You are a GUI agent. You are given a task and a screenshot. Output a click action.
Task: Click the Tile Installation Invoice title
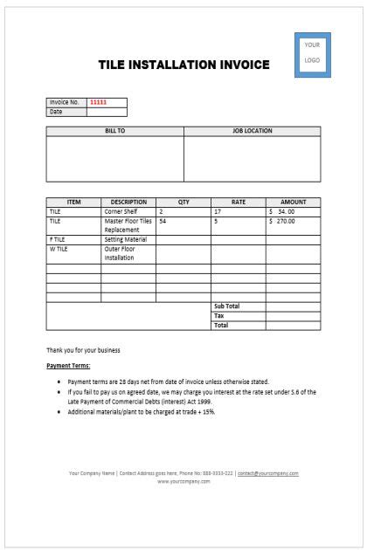[x=183, y=65]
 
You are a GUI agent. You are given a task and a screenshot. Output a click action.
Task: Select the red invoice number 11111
[x=99, y=102]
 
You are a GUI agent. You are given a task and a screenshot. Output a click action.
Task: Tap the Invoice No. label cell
[x=66, y=102]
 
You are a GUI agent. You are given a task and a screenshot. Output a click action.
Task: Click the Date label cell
[x=66, y=112]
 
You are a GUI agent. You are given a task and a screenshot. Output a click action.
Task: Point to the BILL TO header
[x=114, y=131]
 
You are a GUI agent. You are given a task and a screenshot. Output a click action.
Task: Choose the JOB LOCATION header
[x=252, y=131]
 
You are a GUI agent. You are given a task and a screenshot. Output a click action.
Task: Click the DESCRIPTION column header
[x=128, y=202]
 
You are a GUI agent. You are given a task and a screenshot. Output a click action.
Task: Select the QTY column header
[x=183, y=202]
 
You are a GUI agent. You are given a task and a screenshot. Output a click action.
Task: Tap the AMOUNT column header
[x=293, y=202]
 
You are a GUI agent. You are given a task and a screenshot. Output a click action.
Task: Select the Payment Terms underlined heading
[x=68, y=366]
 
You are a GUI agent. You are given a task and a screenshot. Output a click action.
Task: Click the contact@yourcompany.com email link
[x=267, y=473]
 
